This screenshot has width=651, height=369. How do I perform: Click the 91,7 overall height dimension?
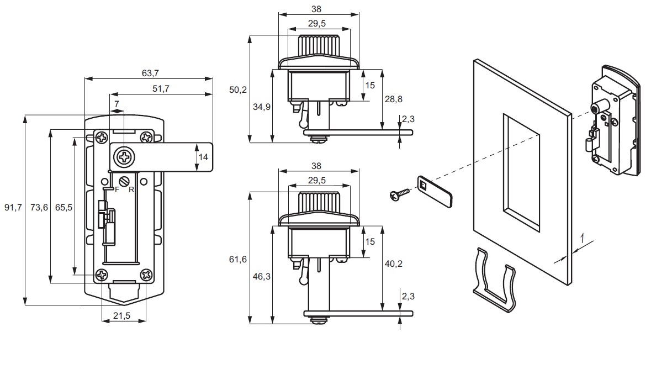click(12, 208)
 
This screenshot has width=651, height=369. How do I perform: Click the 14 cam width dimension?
click(203, 157)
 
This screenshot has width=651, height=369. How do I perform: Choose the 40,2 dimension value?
click(393, 263)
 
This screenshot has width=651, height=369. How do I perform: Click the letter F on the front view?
click(117, 189)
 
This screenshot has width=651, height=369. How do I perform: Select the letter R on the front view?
click(131, 189)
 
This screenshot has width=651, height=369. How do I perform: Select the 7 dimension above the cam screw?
click(117, 104)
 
